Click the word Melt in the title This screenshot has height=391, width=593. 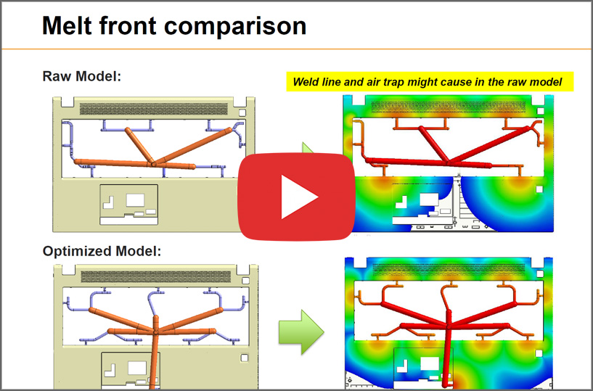(x=68, y=25)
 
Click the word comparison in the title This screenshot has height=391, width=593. (x=235, y=25)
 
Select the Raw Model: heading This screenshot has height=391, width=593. (x=82, y=76)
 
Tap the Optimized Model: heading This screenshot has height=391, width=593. (x=102, y=251)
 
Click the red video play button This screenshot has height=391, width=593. (x=296, y=197)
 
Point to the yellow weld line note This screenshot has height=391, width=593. (x=430, y=82)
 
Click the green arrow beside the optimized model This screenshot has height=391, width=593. (x=301, y=332)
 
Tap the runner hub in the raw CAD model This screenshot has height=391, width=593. (x=154, y=165)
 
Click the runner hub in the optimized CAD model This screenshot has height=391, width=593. (x=155, y=332)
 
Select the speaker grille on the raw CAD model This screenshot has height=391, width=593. (x=154, y=109)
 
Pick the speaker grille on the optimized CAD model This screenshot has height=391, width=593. (x=155, y=276)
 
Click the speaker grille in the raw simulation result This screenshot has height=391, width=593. (x=448, y=107)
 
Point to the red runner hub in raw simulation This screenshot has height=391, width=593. (x=449, y=163)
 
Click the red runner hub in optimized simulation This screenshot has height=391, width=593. (x=448, y=325)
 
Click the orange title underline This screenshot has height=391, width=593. (x=296, y=49)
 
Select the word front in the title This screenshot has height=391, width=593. (x=128, y=25)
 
